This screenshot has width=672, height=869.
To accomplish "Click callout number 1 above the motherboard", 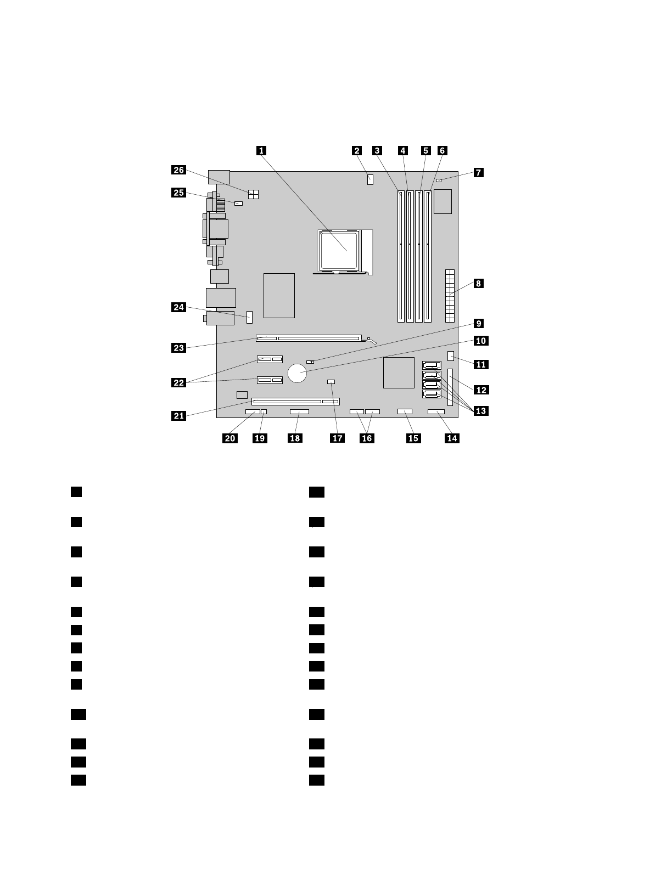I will click(262, 150).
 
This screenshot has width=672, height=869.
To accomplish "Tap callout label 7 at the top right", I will click(479, 172).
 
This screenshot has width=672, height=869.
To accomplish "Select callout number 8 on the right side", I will click(479, 284).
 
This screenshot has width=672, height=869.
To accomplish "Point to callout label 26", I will click(179, 170).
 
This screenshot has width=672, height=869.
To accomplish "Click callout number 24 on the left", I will click(179, 307).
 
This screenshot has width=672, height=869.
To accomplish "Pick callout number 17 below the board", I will click(337, 438).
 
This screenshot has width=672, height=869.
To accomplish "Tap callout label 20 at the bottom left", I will click(230, 438).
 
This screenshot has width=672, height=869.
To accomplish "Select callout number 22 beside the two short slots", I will click(179, 382).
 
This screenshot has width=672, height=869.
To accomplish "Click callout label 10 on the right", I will click(480, 341).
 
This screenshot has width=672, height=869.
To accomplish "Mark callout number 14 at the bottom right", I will click(452, 438).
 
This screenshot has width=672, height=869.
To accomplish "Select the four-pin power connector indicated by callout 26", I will click(254, 194).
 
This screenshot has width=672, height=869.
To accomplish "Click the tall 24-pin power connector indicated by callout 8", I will click(450, 296).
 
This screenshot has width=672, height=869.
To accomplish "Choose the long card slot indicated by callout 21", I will click(295, 402).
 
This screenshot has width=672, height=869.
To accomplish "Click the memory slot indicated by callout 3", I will click(400, 256).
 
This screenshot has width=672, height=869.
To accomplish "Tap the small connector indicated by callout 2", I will click(370, 179).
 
